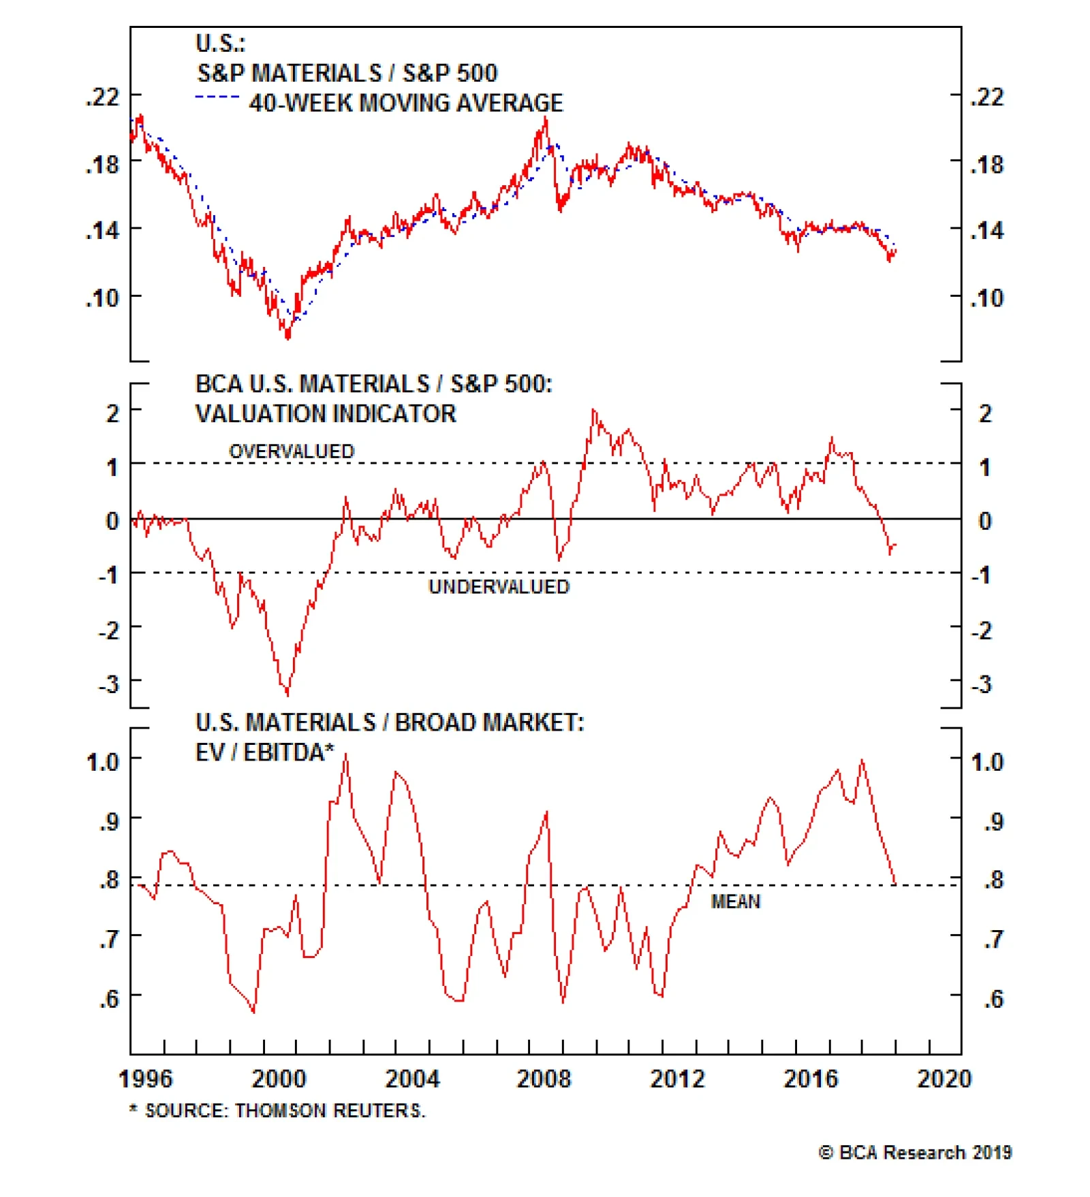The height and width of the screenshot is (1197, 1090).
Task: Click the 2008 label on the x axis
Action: (x=543, y=1079)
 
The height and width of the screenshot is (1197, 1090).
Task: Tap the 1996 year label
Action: (x=145, y=1079)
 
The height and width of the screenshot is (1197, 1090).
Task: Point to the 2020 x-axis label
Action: (x=944, y=1079)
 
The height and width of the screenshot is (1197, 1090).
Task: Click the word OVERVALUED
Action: (x=292, y=451)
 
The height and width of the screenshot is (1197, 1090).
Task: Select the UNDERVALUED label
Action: (x=499, y=587)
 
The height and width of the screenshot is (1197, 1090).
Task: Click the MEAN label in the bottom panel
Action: (x=735, y=901)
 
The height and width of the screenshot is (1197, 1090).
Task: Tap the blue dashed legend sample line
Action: (x=217, y=97)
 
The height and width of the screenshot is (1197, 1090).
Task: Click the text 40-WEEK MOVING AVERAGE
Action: (x=406, y=103)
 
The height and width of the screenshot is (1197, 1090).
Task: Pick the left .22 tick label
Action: (x=102, y=97)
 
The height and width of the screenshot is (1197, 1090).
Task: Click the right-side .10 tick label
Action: (x=987, y=298)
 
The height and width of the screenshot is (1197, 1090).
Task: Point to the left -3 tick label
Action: (x=109, y=684)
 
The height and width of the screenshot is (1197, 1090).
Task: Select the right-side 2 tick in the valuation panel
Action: (x=985, y=413)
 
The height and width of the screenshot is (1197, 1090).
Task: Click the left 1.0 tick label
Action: (x=103, y=761)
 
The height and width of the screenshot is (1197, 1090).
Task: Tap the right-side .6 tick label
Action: (x=994, y=999)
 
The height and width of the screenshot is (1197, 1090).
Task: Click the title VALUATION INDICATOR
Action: (x=326, y=414)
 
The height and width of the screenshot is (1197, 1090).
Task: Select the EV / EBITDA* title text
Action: (x=265, y=752)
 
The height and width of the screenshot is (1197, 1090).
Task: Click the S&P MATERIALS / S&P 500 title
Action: (x=347, y=73)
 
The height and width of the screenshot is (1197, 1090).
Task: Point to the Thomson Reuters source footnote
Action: (x=277, y=1111)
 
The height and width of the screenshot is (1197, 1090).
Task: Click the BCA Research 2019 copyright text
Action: (x=915, y=1152)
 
